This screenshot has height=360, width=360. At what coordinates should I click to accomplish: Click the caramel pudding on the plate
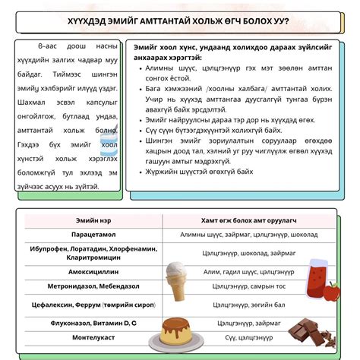tap(174, 327)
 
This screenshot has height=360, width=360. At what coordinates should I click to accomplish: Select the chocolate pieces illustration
tap(311, 331)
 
